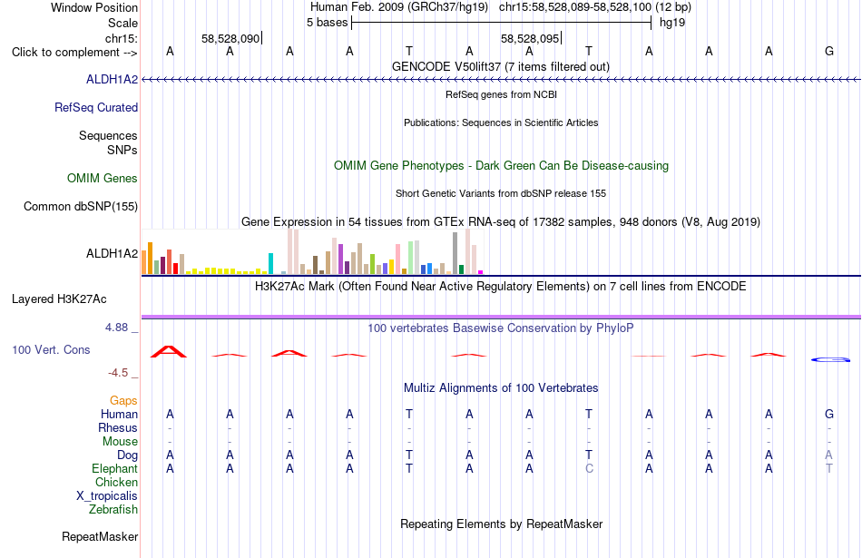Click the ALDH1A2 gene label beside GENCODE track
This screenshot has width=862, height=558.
pos(113,79)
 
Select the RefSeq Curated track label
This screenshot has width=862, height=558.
pos(96,107)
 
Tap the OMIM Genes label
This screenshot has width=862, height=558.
pos(103,178)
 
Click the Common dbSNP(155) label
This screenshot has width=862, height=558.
pos(81,206)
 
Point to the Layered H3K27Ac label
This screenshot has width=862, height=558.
pos(59,299)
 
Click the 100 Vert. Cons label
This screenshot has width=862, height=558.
pos(51,349)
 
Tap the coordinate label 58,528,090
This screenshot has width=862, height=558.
pos(230,38)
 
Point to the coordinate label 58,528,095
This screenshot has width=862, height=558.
pos(530,38)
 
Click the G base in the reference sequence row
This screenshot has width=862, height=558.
pos(829,51)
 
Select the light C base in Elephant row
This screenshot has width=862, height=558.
pos(589,468)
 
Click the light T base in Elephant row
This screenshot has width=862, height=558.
pos(829,468)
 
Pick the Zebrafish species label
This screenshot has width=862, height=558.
pos(113,509)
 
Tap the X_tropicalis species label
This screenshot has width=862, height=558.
pos(107,496)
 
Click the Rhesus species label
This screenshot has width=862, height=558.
pos(118,427)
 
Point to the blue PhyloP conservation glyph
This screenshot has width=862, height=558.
pos(830,359)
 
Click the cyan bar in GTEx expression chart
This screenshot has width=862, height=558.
pos(270,263)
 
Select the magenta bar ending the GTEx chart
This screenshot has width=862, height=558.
pos(481,272)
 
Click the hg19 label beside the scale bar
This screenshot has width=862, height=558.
pos(672,23)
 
